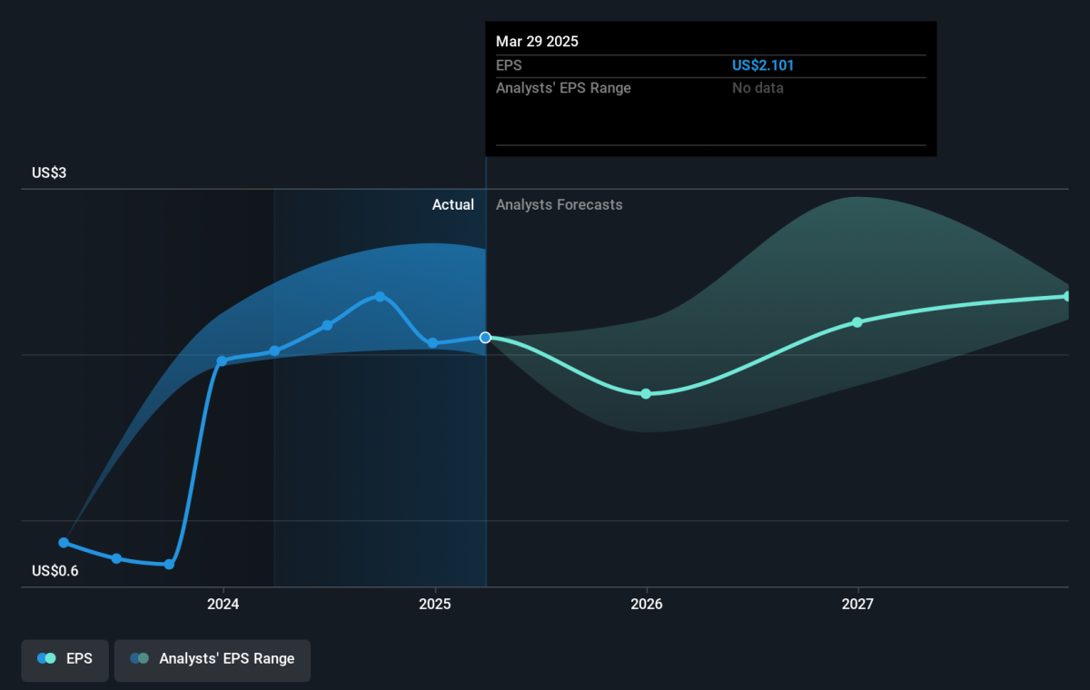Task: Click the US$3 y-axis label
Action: tap(49, 172)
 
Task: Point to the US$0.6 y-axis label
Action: tap(55, 570)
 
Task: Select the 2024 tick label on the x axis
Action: tap(223, 604)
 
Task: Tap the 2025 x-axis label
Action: tap(435, 604)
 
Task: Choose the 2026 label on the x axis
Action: tap(646, 604)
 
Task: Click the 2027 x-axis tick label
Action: tap(857, 604)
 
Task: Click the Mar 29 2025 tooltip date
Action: tap(537, 42)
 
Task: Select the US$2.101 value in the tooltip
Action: tap(762, 65)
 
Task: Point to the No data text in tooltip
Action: tap(758, 88)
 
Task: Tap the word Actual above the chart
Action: tap(453, 204)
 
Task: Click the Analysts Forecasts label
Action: tap(560, 204)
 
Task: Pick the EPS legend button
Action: tap(64, 660)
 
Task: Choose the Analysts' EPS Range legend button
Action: tap(213, 660)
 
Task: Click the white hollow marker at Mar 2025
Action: tap(485, 338)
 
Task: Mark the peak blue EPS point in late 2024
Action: tap(380, 297)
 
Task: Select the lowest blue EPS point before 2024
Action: tap(169, 565)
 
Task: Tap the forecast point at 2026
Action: tap(646, 394)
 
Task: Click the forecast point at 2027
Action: tap(857, 322)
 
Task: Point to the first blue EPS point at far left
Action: tap(64, 543)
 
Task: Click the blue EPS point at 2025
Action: tap(432, 343)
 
